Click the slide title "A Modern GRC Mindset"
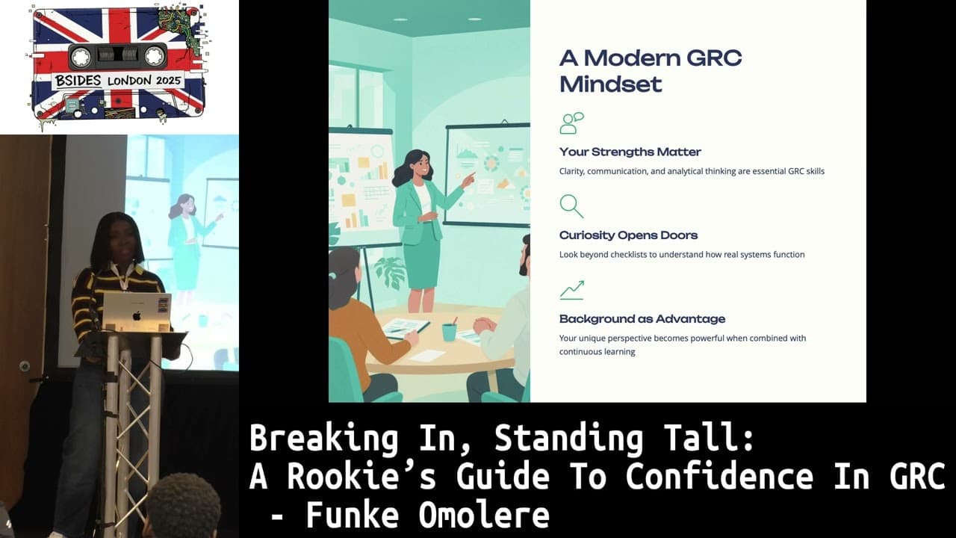651,71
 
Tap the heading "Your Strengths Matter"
630,152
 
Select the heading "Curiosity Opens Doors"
628,235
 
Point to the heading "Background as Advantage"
642,319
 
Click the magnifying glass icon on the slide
571,205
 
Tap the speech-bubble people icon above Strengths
571,123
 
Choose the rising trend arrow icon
571,290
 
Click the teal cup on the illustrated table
449,332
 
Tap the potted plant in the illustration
390,271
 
